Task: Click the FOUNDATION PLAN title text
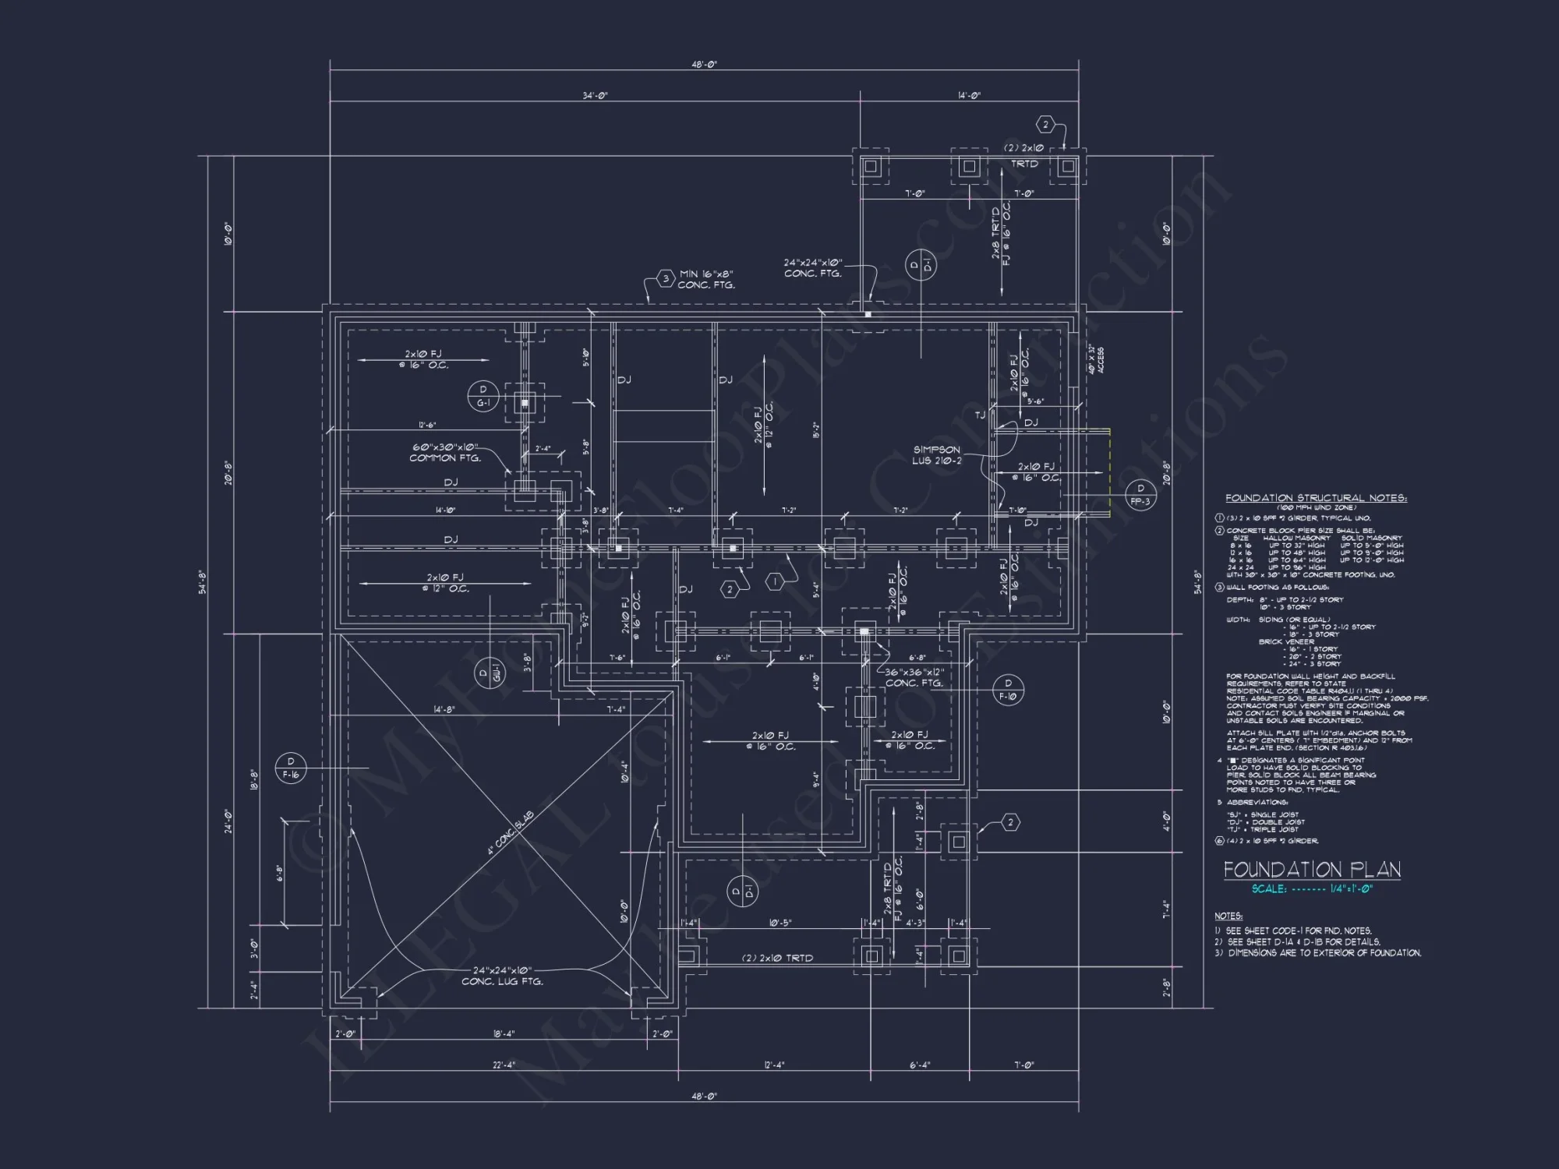pos(1312,870)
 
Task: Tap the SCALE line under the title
pos(1312,888)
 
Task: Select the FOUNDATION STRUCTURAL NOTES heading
pos(1316,498)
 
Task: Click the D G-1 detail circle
pos(483,397)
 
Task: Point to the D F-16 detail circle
pos(291,768)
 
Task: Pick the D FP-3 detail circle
pos(1140,495)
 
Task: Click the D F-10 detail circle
pos(1008,690)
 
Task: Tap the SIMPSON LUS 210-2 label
pos(937,455)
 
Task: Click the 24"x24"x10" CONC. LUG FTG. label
pos(503,976)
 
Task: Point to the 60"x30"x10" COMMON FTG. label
pos(445,453)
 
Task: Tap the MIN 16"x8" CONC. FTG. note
pos(706,279)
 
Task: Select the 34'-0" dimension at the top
pos(595,95)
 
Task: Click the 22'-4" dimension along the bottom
pos(504,1065)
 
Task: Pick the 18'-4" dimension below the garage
pos(504,1034)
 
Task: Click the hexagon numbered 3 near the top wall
pos(665,279)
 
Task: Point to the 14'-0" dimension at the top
pos(969,95)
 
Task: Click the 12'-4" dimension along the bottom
pos(774,1065)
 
